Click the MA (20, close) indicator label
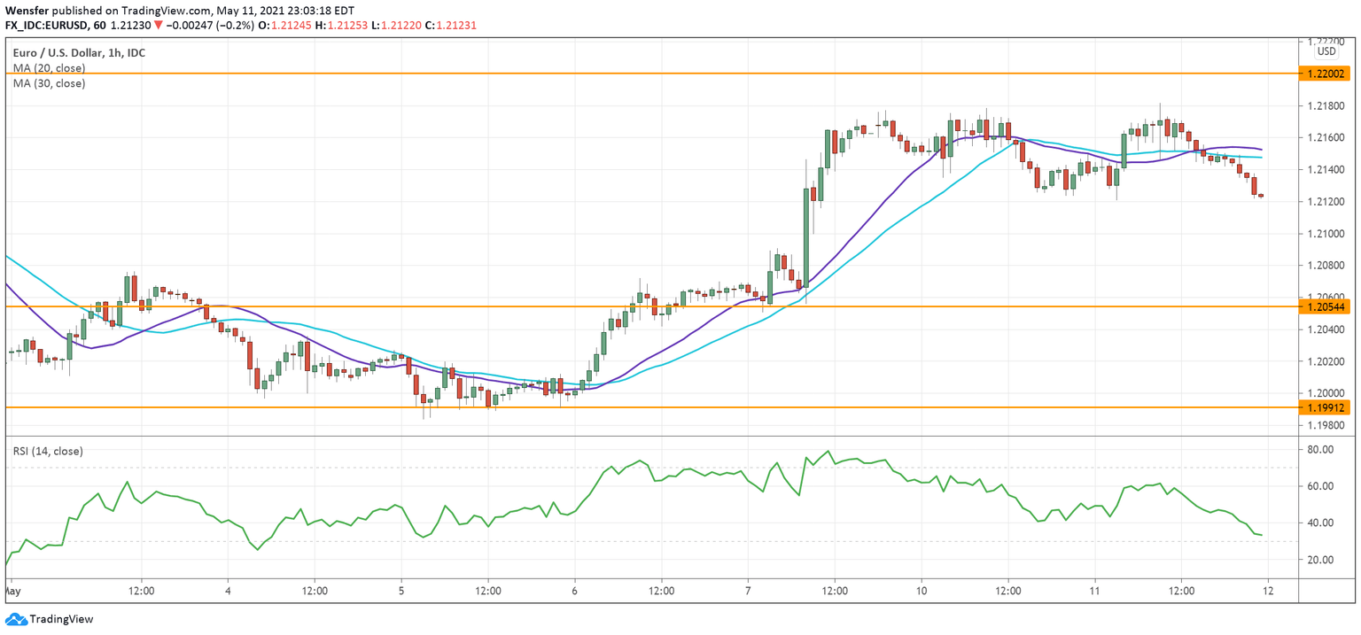click(49, 68)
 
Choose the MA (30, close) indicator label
click(49, 83)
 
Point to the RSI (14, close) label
click(48, 452)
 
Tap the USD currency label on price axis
click(1326, 51)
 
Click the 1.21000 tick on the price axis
click(1326, 234)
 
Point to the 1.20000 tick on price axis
click(1326, 393)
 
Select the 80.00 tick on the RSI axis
click(1321, 450)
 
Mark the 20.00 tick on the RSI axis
click(1321, 560)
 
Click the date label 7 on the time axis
click(748, 591)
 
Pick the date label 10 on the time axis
click(922, 591)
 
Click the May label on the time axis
click(13, 591)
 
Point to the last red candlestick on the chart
click(1254, 185)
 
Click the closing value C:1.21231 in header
click(451, 26)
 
